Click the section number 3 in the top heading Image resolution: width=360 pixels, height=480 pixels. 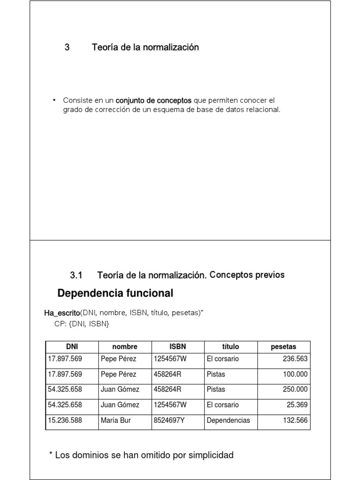pyautogui.click(x=67, y=47)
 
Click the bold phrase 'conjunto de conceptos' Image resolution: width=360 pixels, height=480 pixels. pyautogui.click(x=153, y=100)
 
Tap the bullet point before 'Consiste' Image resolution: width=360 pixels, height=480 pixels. pyautogui.click(x=54, y=100)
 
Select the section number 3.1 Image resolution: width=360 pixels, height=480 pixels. pyautogui.click(x=76, y=275)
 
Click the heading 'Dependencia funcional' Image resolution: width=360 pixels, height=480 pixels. pyautogui.click(x=115, y=293)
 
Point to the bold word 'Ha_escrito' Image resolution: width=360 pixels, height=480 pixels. pyautogui.click(x=62, y=313)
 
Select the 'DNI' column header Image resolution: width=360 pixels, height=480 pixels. pyautogui.click(x=72, y=347)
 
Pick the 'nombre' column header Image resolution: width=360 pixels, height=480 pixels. pyautogui.click(x=125, y=347)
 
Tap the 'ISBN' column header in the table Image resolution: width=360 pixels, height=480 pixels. pyautogui.click(x=178, y=347)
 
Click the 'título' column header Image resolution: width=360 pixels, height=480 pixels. pyautogui.click(x=230, y=347)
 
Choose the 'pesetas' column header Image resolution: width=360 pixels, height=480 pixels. pyautogui.click(x=284, y=347)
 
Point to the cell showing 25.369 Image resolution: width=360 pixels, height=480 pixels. pyautogui.click(x=297, y=405)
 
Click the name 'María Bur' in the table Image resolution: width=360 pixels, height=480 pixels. pyautogui.click(x=116, y=420)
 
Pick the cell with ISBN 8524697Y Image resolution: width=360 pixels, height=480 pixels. pyautogui.click(x=169, y=420)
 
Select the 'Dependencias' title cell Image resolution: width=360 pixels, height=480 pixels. pyautogui.click(x=228, y=420)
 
